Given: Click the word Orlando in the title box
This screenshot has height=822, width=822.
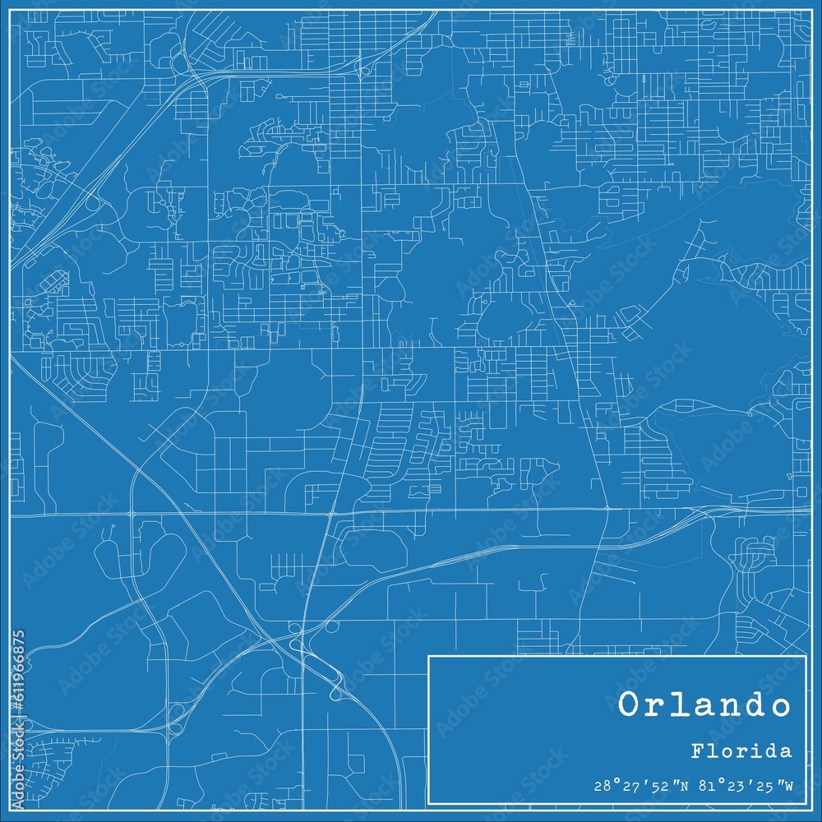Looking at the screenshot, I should tap(704, 705).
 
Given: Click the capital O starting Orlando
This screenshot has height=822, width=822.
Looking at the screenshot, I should tap(629, 705).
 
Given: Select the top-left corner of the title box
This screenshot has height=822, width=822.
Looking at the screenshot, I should tap(429, 656).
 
